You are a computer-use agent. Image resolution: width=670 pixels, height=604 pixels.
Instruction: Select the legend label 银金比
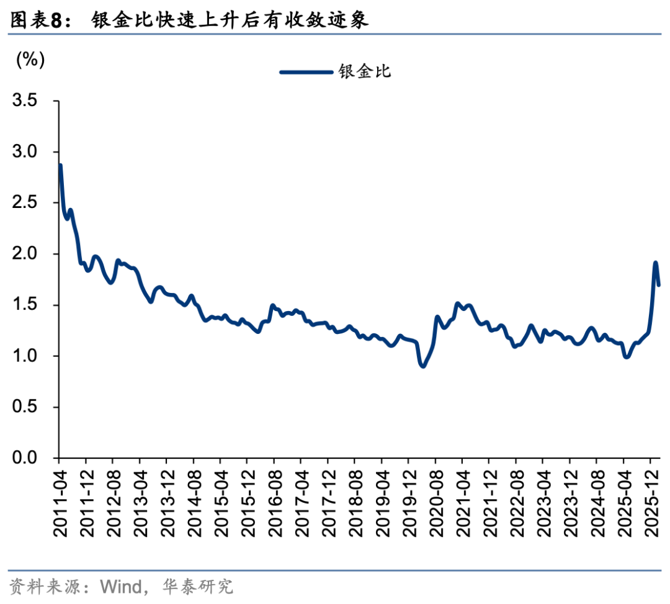(365, 71)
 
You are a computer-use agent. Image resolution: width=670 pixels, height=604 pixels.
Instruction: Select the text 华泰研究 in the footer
(197, 586)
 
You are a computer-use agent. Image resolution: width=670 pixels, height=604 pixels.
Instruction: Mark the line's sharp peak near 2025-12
(655, 263)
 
